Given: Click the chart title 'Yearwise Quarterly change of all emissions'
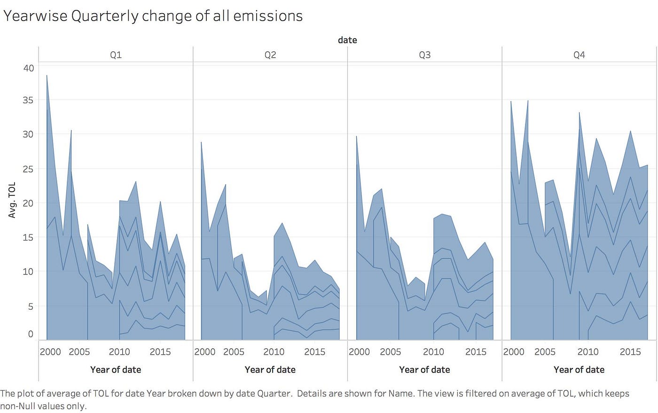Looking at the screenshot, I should tap(153, 16).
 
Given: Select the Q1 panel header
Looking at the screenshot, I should tap(116, 55).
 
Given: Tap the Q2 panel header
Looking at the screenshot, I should tap(270, 55).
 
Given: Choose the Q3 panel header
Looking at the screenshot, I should tap(424, 55).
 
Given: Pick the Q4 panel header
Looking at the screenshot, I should tap(579, 55).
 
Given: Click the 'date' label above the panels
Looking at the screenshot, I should tap(347, 40).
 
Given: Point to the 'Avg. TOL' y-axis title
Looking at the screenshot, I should tap(12, 200).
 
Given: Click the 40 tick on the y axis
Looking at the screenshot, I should tap(29, 68).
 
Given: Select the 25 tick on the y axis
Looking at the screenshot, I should tap(29, 169).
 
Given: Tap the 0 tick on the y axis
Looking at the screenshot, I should tap(31, 334).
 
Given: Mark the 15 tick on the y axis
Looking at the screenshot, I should tap(29, 237).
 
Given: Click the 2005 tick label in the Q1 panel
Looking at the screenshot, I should tap(79, 352).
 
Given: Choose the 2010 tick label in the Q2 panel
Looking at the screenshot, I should tap(274, 352).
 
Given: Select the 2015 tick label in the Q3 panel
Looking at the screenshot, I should tap(476, 352).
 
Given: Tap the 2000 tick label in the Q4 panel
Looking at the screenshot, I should tap(514, 352).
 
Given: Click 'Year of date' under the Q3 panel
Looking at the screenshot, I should tap(424, 370).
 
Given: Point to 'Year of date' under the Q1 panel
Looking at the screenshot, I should tap(116, 370).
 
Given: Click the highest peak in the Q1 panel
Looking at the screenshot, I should tap(47, 76).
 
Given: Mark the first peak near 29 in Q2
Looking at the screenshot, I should tap(201, 142).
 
